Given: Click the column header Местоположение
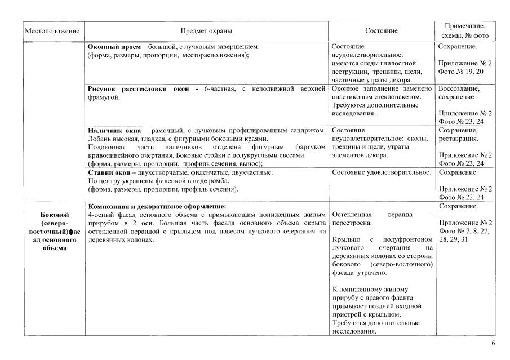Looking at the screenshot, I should tap(52, 31).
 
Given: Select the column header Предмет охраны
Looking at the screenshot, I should tap(206, 31).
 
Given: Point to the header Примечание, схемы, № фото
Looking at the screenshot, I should tap(465, 31).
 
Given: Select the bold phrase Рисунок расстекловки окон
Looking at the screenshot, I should tap(138, 89).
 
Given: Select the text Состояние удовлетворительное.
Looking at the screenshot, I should tap(382, 172).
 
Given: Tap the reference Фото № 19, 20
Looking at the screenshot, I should tap(460, 72).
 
